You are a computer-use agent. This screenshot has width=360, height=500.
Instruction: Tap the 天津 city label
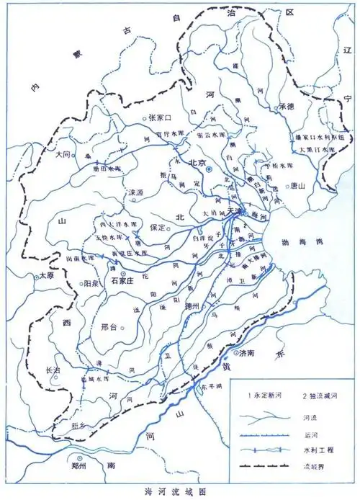pyautogui.click(x=235, y=209)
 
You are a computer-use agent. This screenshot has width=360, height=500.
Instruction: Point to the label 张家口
pyautogui.click(x=161, y=117)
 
